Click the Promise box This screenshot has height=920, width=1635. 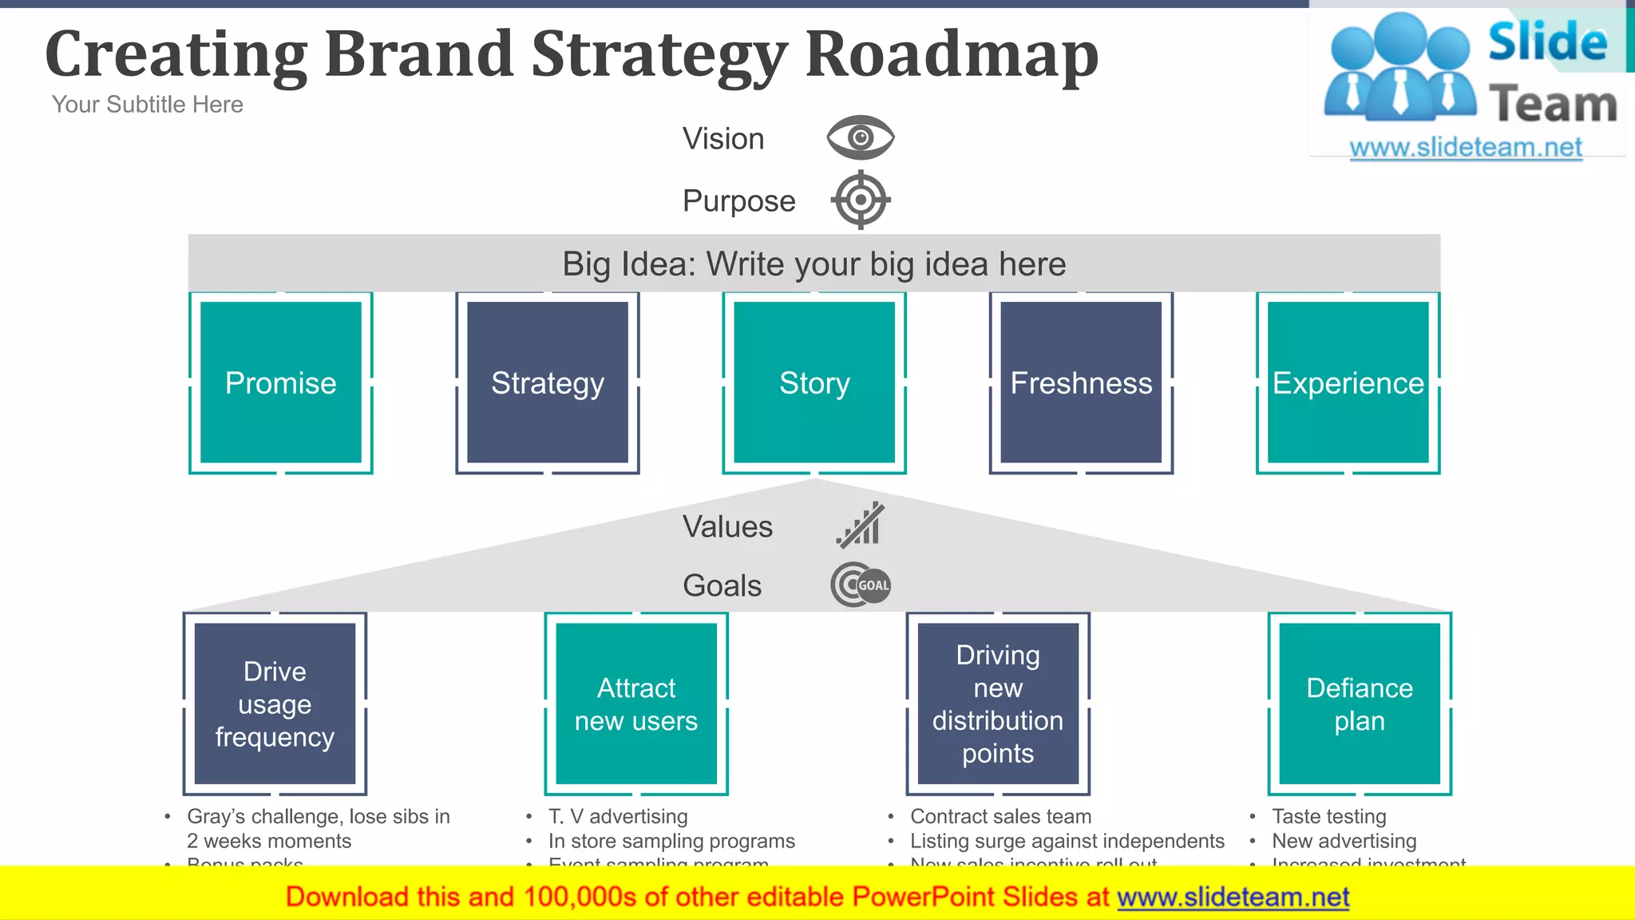(281, 383)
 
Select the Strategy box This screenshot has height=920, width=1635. (548, 383)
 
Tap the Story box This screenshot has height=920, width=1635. (814, 383)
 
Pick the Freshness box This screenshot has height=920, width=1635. (1081, 383)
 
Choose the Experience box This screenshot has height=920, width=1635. (1348, 383)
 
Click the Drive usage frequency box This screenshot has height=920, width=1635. (275, 704)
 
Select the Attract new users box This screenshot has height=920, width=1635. (636, 704)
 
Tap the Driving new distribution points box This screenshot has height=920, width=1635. (998, 704)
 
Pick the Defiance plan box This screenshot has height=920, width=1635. (1360, 704)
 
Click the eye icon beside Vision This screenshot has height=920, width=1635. (860, 137)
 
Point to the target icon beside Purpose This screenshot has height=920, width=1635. (860, 200)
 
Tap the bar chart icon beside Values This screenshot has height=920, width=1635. (861, 525)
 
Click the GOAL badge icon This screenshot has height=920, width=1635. (861, 585)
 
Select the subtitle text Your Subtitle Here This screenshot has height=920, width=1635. (147, 105)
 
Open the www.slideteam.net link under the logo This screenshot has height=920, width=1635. (1466, 147)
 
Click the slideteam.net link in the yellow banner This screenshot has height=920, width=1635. (1233, 897)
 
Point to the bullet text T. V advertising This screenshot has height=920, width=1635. (618, 816)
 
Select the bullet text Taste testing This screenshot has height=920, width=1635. (1328, 816)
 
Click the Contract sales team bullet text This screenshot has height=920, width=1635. (1000, 816)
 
